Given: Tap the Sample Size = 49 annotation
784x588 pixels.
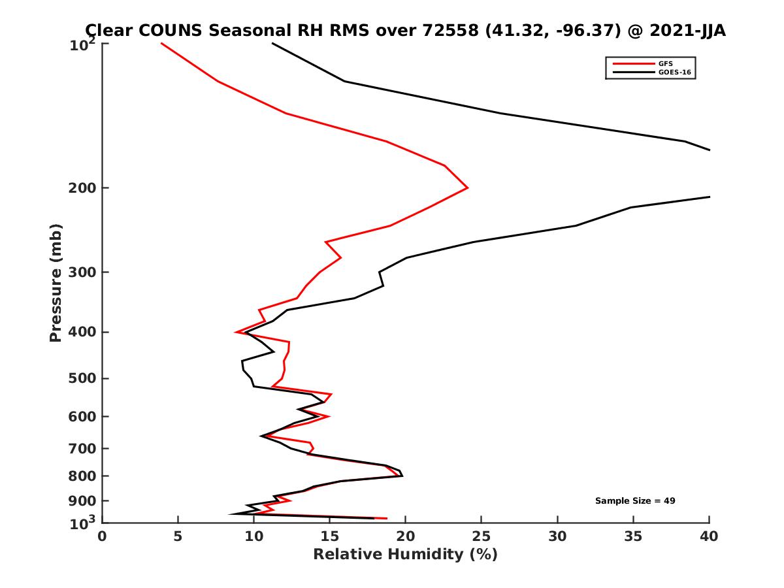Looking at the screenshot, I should (635, 501).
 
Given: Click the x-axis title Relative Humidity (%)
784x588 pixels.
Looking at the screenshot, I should (405, 555).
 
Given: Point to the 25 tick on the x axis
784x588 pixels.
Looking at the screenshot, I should (482, 536).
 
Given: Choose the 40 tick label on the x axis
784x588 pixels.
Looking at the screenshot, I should (709, 536).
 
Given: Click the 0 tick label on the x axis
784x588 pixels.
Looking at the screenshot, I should (102, 536).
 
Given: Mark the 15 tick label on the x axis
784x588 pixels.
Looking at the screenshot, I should (329, 536).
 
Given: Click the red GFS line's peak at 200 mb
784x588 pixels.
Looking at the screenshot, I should (467, 188).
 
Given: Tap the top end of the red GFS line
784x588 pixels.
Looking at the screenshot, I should (161, 43).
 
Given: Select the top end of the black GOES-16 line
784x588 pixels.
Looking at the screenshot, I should (272, 43).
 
